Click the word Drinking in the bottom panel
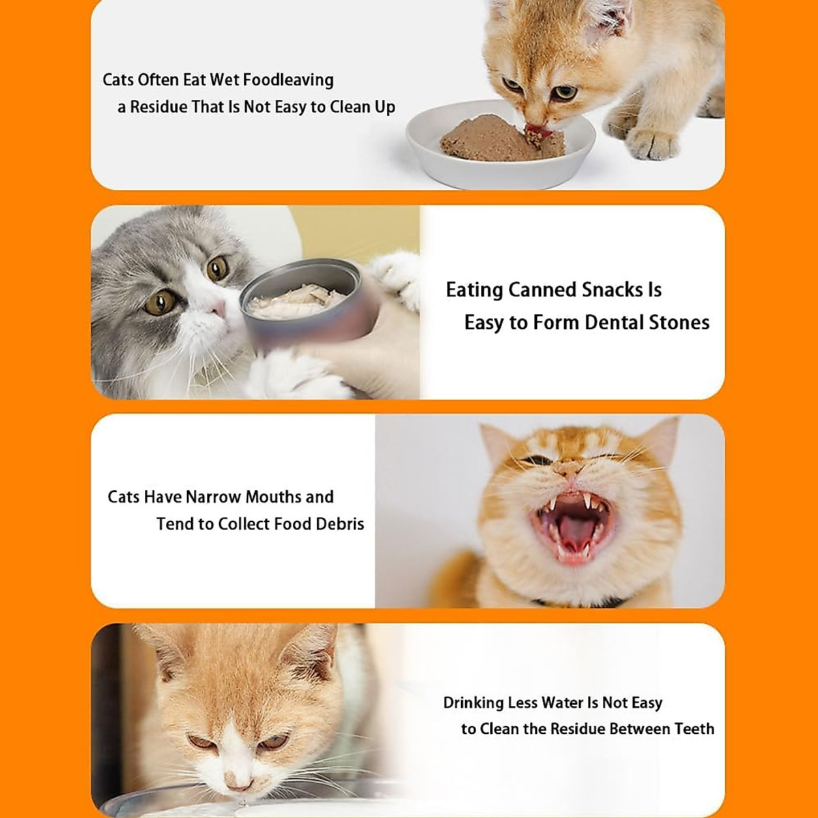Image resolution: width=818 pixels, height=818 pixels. click(x=474, y=703)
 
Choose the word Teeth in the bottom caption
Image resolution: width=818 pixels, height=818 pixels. click(x=694, y=729)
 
